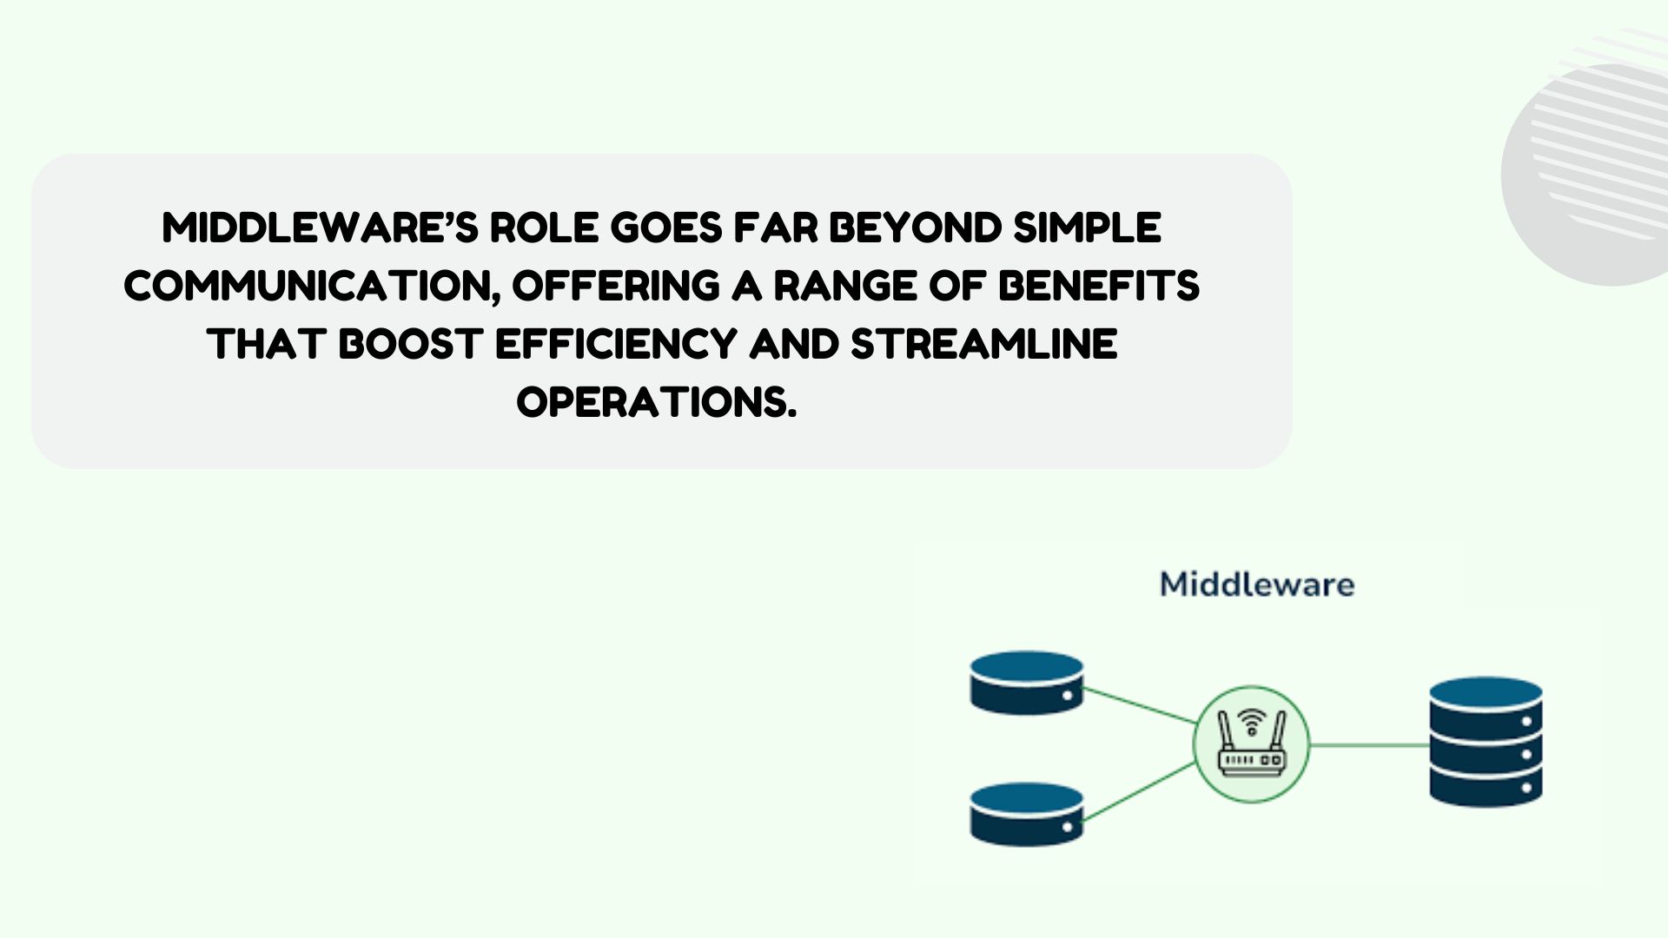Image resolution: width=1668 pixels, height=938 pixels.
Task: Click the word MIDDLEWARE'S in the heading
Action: coord(320,228)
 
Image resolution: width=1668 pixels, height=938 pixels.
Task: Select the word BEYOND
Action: coord(915,228)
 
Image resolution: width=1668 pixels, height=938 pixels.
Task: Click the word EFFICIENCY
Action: coord(616,344)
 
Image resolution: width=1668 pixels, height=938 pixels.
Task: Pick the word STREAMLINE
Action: coord(983,344)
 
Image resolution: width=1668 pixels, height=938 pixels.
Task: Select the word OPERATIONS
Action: coord(657,402)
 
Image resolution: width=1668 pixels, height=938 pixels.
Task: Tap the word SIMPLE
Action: coord(1087,228)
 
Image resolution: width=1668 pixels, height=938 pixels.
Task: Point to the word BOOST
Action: coord(410,344)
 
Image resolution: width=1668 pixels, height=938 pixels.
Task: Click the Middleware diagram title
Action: coord(1257,585)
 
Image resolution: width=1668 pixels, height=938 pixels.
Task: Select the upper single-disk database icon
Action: coord(1027,683)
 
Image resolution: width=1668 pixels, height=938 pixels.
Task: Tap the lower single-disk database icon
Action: coord(1027,814)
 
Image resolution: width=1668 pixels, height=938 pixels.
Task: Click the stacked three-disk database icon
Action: coord(1486,742)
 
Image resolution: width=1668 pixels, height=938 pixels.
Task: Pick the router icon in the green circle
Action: coord(1251,744)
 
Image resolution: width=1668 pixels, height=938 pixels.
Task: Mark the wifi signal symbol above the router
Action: coord(1252,720)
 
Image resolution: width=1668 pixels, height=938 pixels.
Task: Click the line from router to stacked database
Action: coord(1369,744)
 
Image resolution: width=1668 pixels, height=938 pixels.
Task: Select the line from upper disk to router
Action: coord(1140,705)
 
